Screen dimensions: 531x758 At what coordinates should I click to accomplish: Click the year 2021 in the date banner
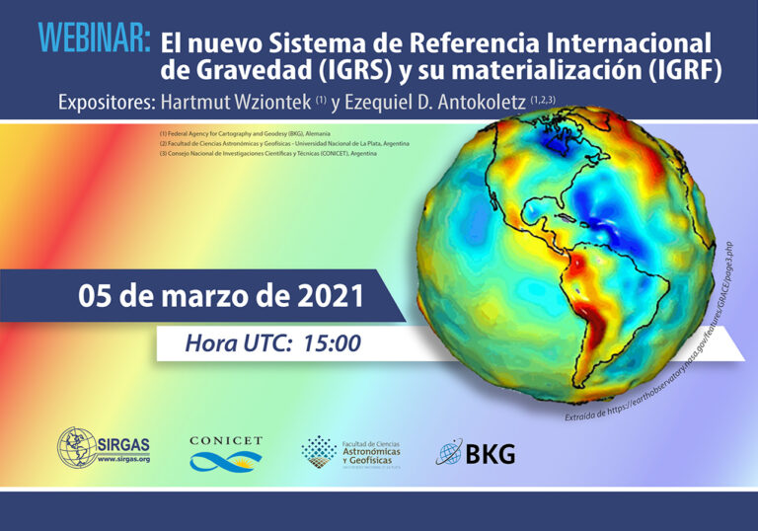click(x=329, y=295)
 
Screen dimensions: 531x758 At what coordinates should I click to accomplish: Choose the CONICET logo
click(x=226, y=453)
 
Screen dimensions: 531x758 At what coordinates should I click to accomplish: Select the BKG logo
click(x=476, y=454)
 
